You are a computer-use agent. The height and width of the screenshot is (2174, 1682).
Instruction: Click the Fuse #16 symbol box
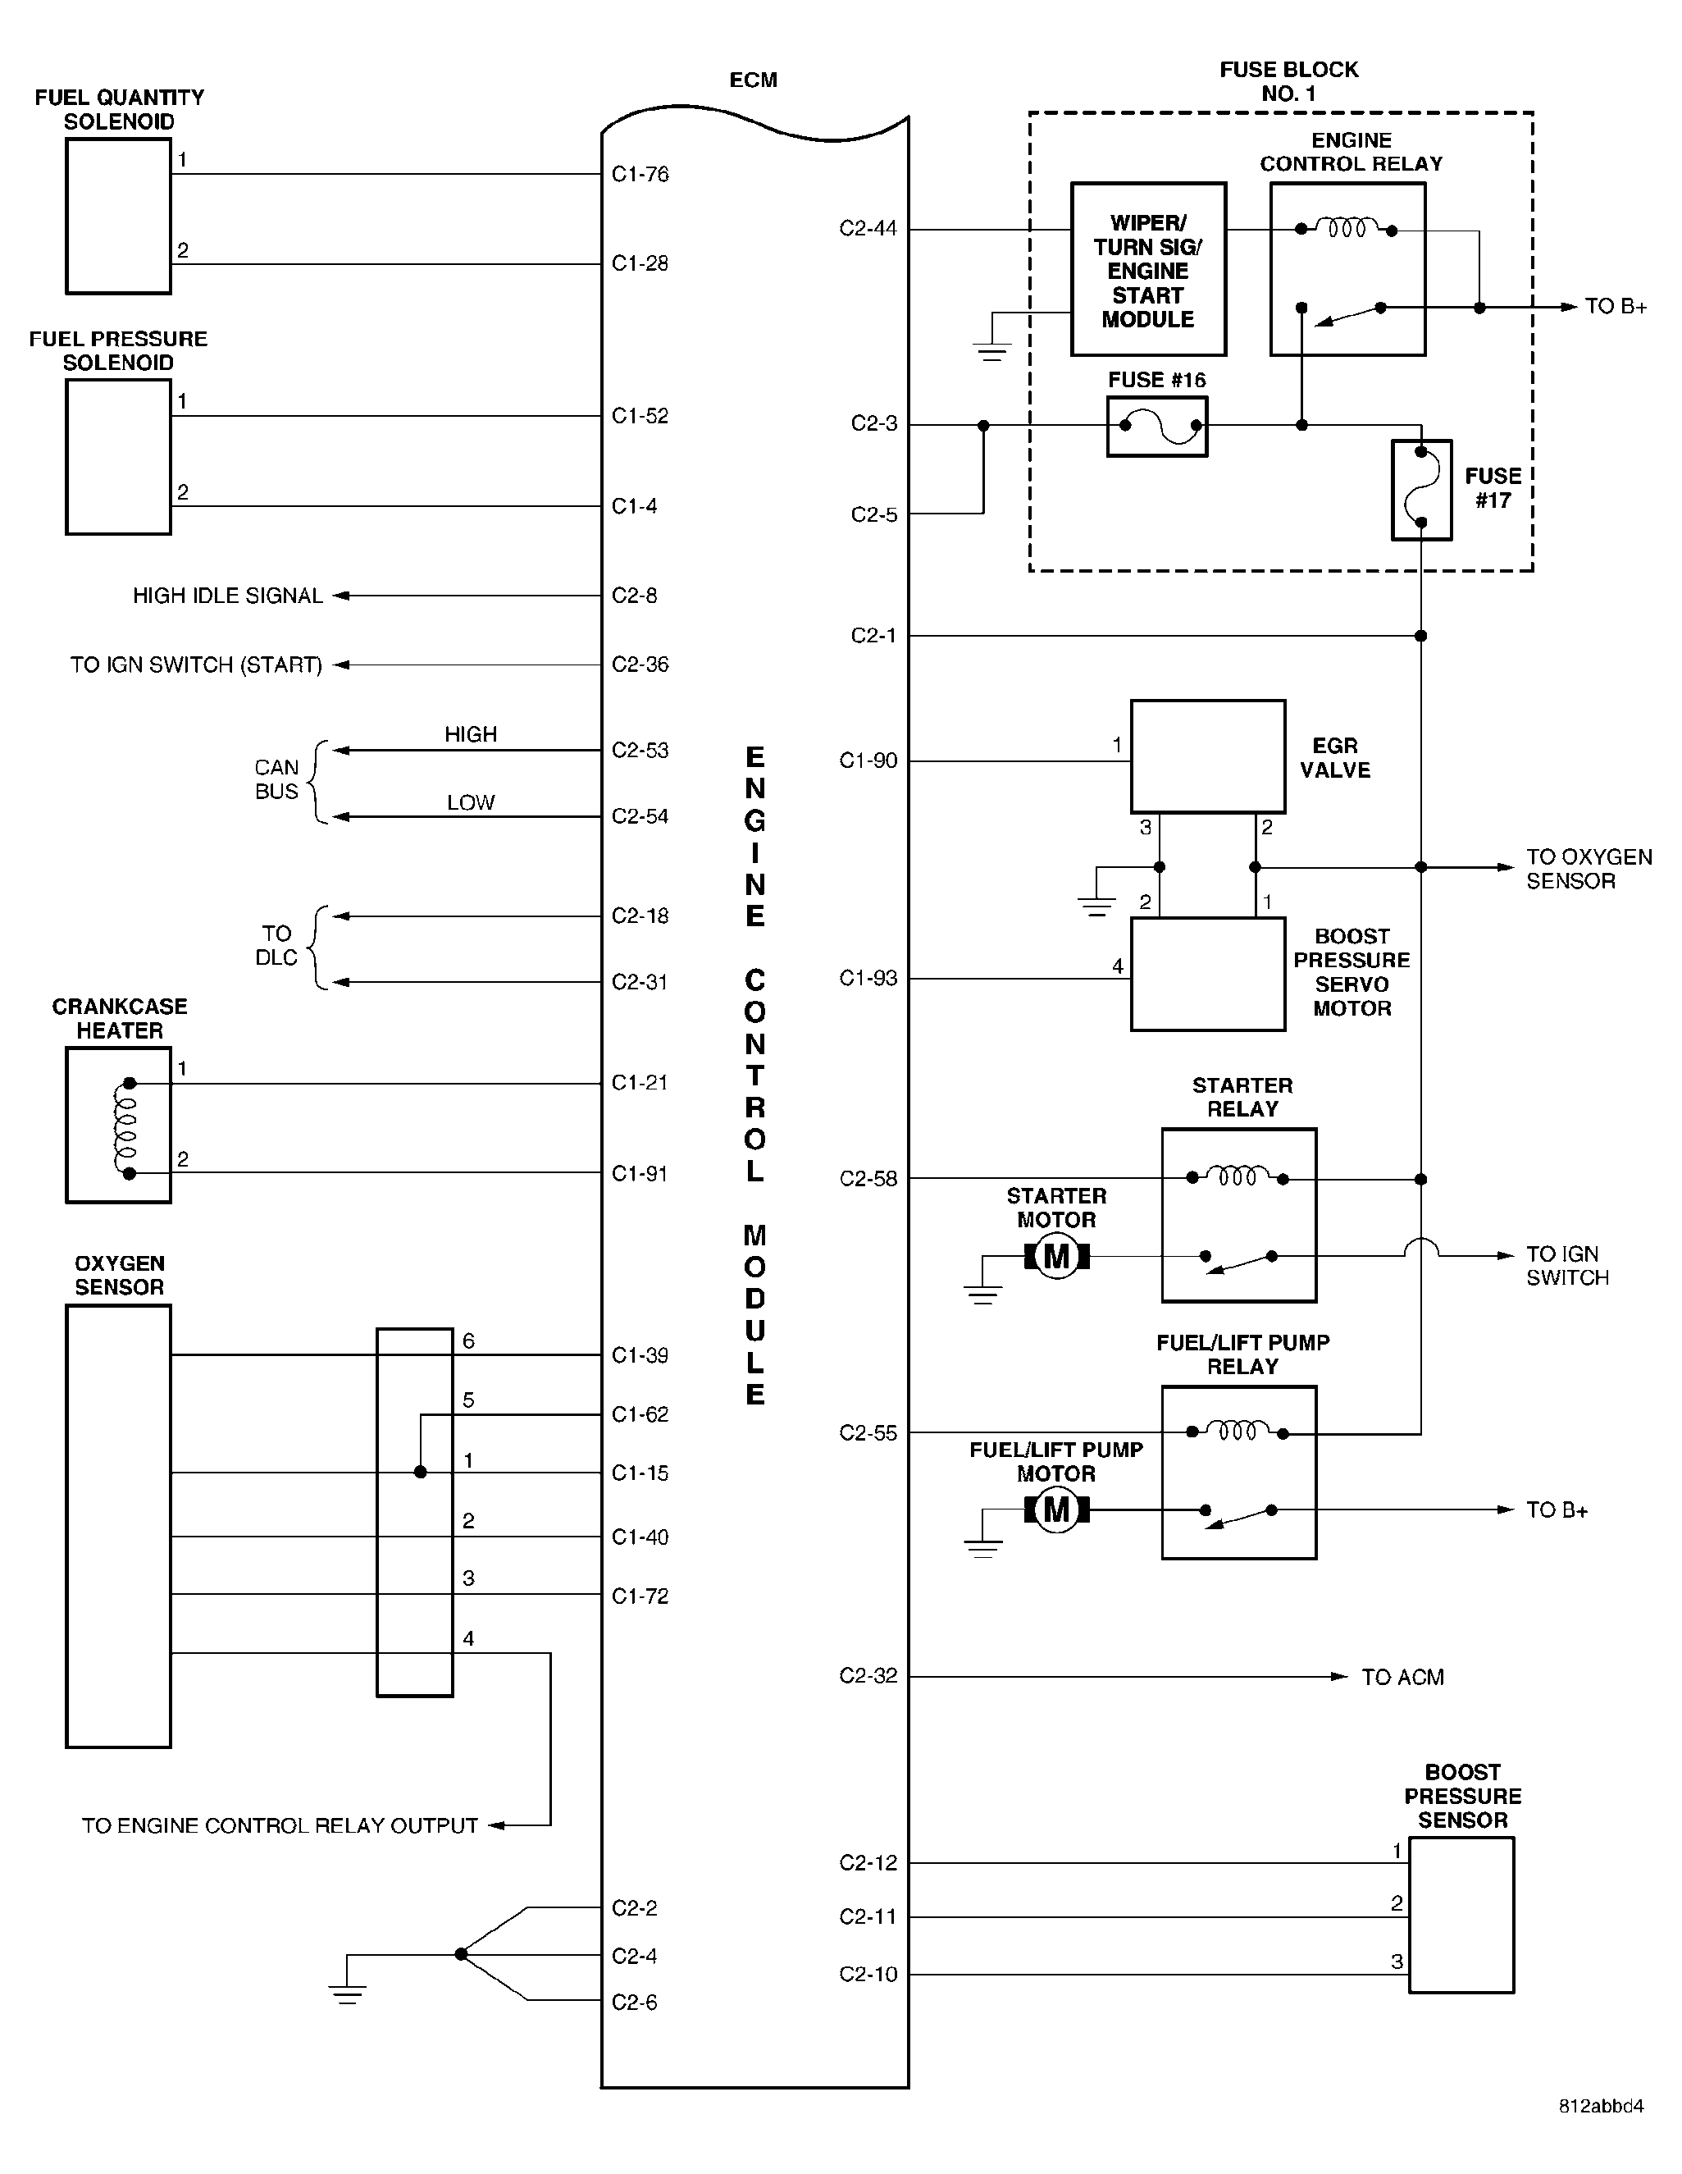(x=1156, y=426)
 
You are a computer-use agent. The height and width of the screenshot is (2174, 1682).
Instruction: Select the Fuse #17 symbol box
(x=1421, y=490)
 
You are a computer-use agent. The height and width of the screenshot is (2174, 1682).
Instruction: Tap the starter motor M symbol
(x=1057, y=1256)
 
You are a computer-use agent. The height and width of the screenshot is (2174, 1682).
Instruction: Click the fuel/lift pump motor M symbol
(x=1057, y=1510)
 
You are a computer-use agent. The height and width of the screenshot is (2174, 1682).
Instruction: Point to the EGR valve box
(x=1208, y=756)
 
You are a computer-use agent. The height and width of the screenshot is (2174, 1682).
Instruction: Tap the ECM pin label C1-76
(x=640, y=174)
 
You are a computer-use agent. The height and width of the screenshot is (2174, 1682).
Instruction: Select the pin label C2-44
(x=868, y=229)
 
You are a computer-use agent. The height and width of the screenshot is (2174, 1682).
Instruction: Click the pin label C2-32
(x=868, y=1676)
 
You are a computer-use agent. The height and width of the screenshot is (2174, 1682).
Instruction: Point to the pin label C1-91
(x=640, y=1174)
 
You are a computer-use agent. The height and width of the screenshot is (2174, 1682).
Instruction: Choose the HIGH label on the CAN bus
(x=471, y=734)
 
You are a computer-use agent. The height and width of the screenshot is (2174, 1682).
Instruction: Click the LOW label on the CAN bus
(x=471, y=802)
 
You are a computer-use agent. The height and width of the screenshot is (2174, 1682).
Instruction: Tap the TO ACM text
(x=1402, y=1678)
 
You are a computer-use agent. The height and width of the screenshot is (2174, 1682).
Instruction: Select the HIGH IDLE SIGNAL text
(x=228, y=596)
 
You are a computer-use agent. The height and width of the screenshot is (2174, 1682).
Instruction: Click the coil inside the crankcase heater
(x=125, y=1129)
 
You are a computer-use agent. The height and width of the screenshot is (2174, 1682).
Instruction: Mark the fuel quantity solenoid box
(x=118, y=216)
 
